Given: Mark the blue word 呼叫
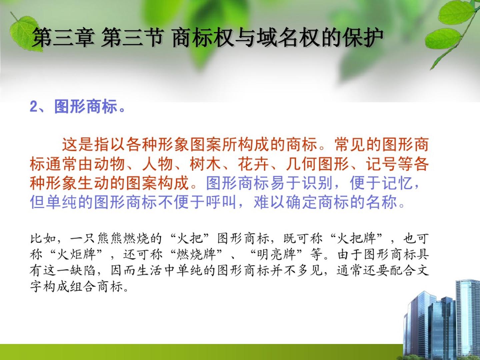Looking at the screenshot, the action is tap(222, 202).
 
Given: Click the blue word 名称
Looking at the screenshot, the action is tap(382, 202).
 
